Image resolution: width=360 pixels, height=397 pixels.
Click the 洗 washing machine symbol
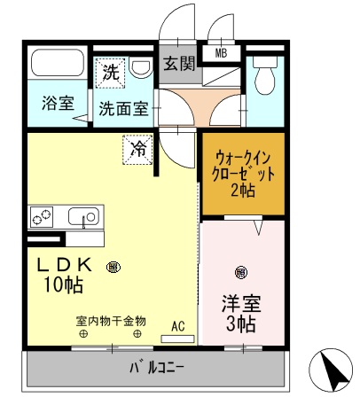point(111,72)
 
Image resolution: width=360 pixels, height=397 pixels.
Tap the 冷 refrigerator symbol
point(138,150)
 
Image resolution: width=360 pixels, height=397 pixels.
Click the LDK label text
point(68,264)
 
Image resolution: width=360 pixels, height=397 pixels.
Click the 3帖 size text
point(242,324)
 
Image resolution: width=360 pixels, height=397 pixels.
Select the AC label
point(177,325)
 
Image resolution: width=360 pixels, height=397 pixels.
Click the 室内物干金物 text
point(110,320)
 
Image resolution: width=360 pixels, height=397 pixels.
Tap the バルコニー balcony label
point(157,365)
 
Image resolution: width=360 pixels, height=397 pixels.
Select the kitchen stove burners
point(43,215)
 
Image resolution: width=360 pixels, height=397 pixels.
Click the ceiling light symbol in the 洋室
point(240,272)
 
